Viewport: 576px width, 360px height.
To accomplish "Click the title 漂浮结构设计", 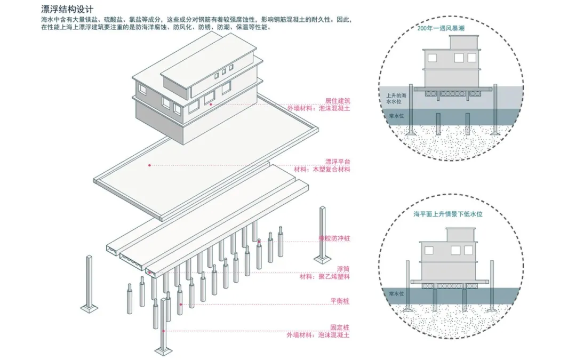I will (x=67, y=10).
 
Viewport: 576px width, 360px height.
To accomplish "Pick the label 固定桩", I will (x=340, y=327).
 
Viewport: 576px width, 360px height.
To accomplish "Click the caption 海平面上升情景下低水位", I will (x=448, y=214).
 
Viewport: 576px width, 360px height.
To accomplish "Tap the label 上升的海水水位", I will (x=397, y=98).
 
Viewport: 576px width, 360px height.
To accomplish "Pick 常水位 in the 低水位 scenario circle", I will (x=395, y=294).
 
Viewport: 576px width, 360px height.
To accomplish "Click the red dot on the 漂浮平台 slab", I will (x=149, y=165).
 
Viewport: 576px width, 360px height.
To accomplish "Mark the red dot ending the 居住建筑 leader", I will (x=211, y=105).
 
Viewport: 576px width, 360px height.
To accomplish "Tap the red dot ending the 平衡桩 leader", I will (x=180, y=305).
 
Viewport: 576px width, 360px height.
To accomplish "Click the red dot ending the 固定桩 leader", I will (x=164, y=331).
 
